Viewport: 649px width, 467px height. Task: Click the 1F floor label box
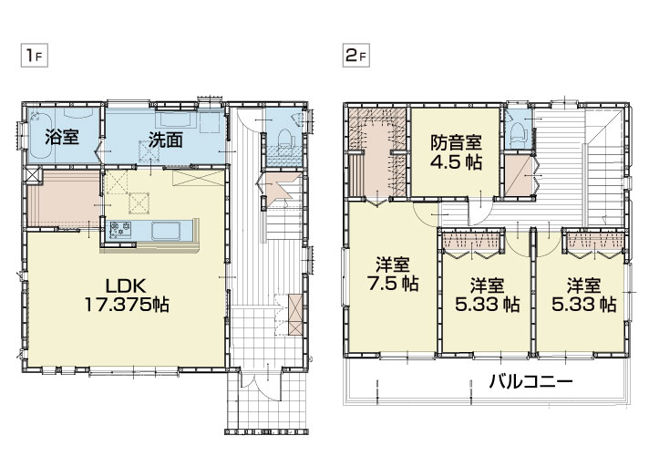[35, 56]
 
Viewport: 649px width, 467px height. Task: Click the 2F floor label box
[356, 56]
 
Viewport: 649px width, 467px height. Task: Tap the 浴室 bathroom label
[62, 137]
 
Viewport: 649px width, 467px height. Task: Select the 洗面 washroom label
[166, 140]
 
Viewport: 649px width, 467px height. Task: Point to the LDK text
[126, 286]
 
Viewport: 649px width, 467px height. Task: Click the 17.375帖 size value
[127, 306]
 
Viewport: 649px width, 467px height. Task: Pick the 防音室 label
[456, 143]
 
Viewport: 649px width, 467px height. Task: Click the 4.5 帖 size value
[456, 161]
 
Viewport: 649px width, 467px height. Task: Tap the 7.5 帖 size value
[393, 284]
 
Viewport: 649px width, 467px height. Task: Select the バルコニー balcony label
[531, 381]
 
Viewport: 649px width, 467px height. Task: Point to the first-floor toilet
[285, 139]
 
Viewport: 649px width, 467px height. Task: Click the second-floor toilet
[518, 131]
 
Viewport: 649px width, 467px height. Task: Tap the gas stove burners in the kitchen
[120, 229]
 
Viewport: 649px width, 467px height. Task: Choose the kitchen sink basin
[166, 231]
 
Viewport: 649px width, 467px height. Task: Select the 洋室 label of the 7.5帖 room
[393, 265]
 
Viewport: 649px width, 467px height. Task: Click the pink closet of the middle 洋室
[472, 241]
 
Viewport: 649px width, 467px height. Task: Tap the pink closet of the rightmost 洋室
[595, 241]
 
